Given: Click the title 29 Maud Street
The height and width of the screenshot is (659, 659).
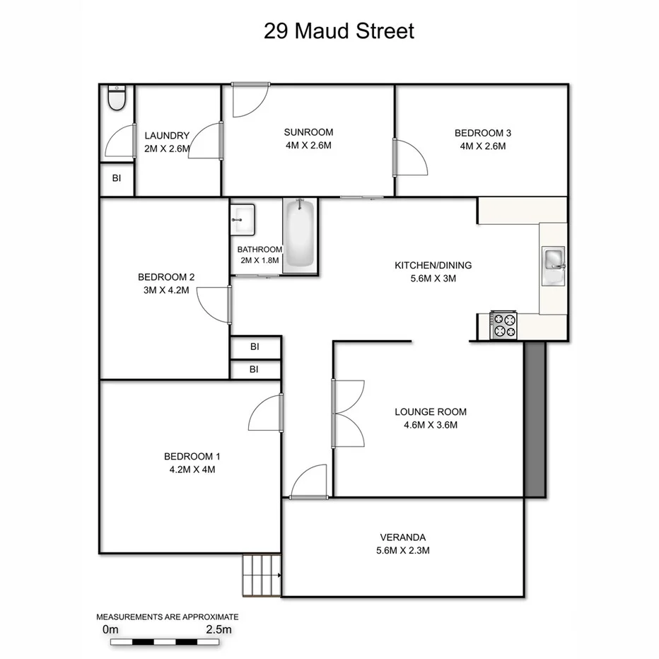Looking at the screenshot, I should point(339,32).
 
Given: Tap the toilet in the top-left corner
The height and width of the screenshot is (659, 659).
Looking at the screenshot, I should point(117,98).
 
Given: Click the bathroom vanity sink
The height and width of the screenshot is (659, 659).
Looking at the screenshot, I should point(243,219).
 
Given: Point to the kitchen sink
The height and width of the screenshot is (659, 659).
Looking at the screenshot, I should point(554,267).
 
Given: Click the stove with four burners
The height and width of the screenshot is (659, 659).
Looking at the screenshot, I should point(503,326).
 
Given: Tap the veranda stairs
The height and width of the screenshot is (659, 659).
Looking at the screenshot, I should point(262,575).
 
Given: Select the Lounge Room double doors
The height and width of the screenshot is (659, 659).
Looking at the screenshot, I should point(348,412).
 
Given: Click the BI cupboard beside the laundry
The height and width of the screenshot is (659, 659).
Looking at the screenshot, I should point(116,179).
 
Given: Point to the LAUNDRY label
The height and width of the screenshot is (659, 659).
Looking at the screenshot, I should point(167,136).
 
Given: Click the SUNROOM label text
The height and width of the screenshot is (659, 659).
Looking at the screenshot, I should point(308,132).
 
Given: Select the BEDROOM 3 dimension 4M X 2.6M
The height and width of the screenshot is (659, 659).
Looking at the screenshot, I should point(482,146).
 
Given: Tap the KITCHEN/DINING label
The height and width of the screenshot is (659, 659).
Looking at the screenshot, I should point(433,266).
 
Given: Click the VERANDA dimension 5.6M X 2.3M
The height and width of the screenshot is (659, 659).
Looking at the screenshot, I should point(402,550).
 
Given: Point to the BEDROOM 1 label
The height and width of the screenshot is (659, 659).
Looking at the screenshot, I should point(189,456).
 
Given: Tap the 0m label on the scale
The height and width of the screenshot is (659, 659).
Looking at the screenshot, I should point(111,629).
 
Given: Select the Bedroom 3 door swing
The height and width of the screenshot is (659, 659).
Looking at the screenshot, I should point(409,157).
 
